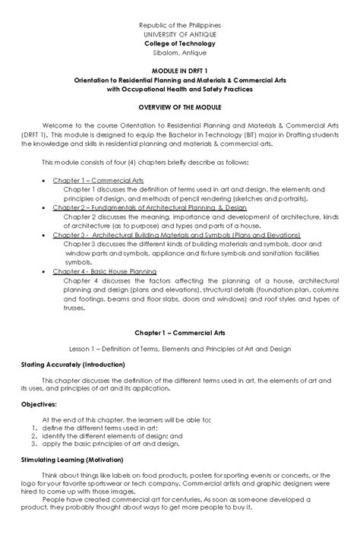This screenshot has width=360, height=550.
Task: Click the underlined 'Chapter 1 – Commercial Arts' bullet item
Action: click(x=98, y=181)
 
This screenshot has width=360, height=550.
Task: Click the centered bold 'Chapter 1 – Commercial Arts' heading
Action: click(x=180, y=333)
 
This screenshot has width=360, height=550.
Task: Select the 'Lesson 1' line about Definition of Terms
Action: click(x=180, y=349)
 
